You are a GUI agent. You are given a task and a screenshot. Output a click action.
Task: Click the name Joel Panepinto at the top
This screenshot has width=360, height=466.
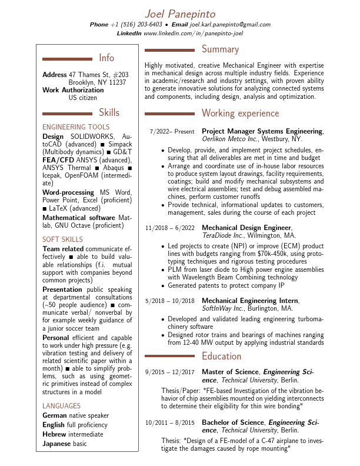180,14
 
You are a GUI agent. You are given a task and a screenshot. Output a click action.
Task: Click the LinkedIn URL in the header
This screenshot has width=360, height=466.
193,34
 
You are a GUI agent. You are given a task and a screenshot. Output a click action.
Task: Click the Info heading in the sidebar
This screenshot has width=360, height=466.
106,58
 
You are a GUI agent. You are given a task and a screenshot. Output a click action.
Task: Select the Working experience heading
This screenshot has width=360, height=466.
240,113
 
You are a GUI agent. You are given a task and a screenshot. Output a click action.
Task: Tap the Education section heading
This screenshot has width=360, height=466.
221,356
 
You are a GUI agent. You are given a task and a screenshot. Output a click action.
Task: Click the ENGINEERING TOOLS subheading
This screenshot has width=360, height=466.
76,127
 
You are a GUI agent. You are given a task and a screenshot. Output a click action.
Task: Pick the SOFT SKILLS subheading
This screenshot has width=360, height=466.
63,239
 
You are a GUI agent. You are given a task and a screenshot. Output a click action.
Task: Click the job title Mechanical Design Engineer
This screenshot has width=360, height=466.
246,228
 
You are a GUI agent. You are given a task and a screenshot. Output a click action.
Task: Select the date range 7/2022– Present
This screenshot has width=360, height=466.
172,132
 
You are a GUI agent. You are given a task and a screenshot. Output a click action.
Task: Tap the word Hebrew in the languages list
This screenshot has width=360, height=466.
55,434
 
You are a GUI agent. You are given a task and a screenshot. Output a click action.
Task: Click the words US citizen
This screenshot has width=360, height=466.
83,98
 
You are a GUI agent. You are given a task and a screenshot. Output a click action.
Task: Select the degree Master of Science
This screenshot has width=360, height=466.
230,372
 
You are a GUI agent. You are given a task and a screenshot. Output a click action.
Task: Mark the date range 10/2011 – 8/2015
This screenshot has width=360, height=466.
170,422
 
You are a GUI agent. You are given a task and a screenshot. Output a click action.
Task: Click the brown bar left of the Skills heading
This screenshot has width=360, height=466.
68,113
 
